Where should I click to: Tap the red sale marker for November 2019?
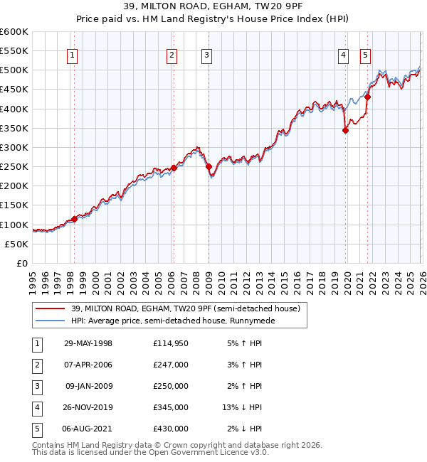pos(345,130)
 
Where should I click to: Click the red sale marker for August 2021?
pos(367,97)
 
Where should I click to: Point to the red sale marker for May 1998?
pos(74,220)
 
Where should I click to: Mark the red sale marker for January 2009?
pos(209,167)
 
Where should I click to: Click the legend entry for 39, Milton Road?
pos(185,308)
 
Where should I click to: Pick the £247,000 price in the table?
pos(171,365)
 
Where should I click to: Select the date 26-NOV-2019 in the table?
pos(88,407)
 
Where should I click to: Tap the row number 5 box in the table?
pos(35,429)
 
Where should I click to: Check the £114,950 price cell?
pos(171,343)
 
